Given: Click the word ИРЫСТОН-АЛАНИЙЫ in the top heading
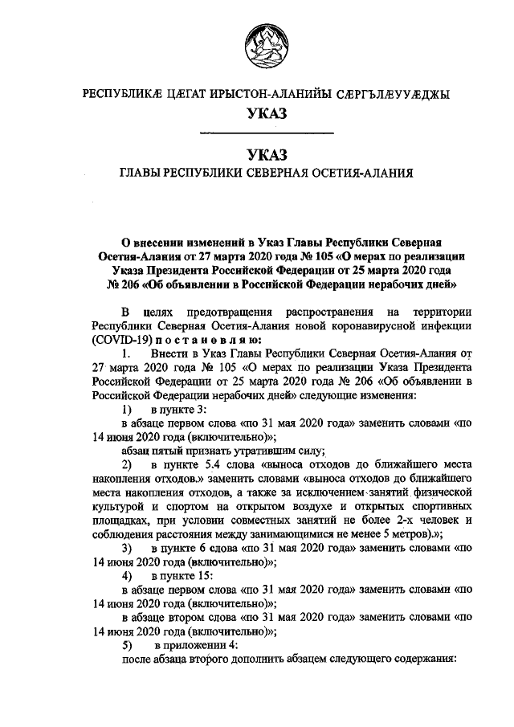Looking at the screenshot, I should point(271,94).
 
